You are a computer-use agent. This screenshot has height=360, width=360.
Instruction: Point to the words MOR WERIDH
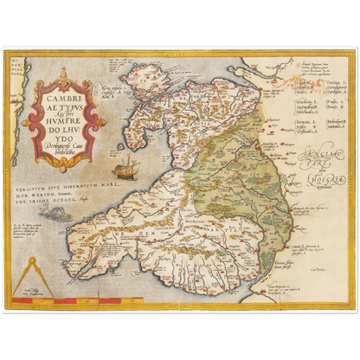point(43,191)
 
